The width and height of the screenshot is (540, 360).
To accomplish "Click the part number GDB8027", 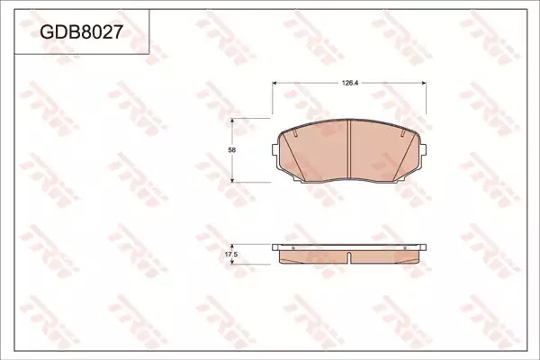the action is coord(81,32).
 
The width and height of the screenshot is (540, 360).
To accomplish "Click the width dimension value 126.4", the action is coord(350,83).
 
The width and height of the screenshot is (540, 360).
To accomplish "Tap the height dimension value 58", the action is coord(232,150).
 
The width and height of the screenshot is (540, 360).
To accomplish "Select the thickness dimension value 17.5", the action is coord(231,255).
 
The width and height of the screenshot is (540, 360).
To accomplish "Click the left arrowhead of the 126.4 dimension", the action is coord(274,83).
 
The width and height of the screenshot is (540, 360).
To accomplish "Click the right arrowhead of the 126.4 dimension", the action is coord(424,83).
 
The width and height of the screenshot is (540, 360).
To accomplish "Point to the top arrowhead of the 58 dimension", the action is coord(232,121).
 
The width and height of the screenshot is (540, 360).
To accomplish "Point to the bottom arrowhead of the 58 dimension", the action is coord(232,180).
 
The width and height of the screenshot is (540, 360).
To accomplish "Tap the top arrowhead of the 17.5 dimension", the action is coord(232,247).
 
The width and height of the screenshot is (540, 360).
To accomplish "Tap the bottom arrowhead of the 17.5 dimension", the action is coord(232,262).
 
